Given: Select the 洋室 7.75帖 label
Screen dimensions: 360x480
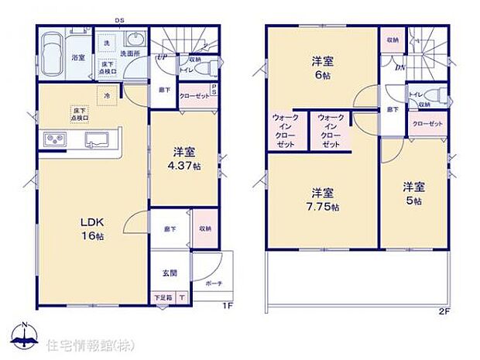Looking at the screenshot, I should pos(323,197).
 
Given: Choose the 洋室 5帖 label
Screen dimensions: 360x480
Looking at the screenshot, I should pos(412,194).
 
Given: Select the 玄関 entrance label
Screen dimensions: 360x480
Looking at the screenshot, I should pos(170,273).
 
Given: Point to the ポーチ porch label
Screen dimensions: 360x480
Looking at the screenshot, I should pos(214,283).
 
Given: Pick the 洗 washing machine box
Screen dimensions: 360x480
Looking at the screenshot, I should pos(108,40).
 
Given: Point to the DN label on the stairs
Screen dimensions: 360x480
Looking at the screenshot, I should pos(399,67).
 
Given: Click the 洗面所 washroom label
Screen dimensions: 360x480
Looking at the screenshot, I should pos(129,54).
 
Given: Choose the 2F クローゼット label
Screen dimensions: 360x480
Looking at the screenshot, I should pos(427,124).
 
